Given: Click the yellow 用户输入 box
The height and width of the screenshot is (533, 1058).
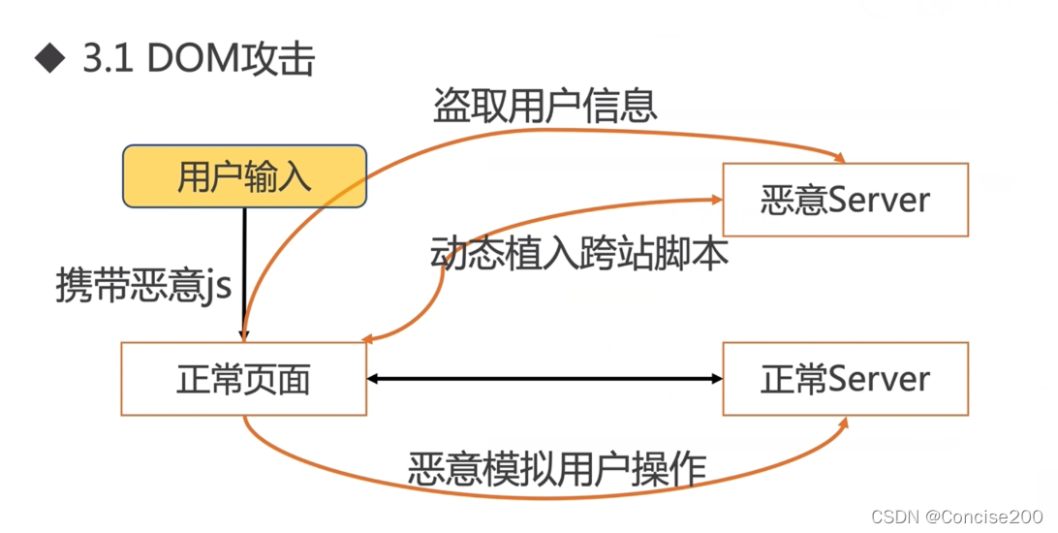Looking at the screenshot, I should tap(244, 176).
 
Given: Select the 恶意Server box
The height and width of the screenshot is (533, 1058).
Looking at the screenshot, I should tap(845, 200).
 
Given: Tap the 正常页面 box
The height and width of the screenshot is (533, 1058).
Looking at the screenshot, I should tap(243, 379).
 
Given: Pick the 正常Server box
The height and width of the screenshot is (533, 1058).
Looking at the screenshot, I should tap(845, 379).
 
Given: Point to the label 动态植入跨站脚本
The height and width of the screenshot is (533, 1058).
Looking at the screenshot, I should tap(579, 253).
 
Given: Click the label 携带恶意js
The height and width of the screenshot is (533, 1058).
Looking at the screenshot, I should tap(143, 288).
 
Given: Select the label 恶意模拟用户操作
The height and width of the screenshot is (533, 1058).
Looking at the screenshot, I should tap(556, 469).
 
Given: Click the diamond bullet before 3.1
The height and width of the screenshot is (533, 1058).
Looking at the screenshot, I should tap(47, 60).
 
